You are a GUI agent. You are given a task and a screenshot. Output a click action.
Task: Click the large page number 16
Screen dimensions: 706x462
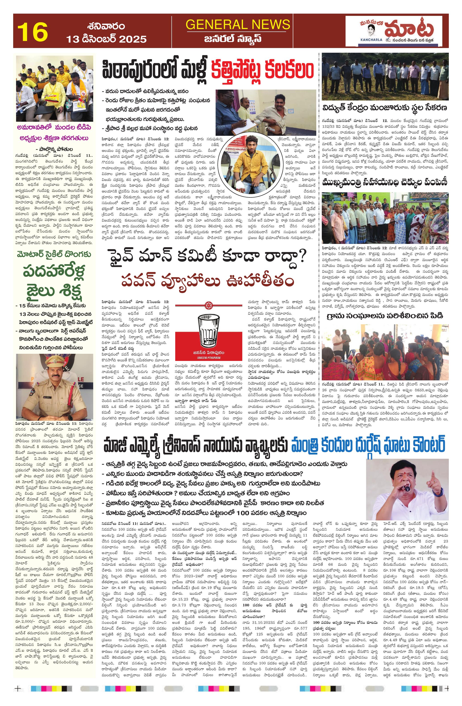click(32, 32)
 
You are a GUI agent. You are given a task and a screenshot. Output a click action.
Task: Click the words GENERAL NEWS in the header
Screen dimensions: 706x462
click(238, 24)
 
